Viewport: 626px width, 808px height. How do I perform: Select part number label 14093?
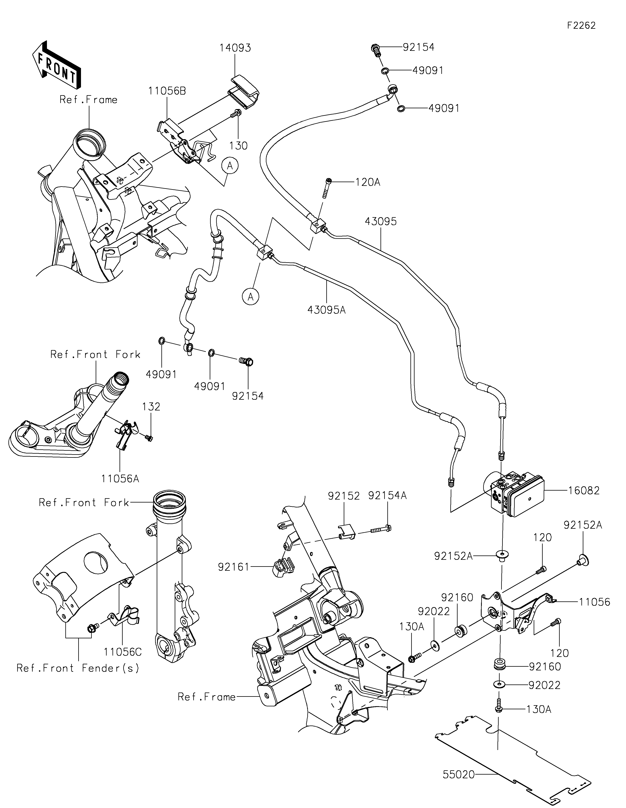235,48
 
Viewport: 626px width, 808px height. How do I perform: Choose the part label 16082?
584,491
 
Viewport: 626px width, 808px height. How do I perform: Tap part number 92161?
234,567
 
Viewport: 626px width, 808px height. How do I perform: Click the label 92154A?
387,496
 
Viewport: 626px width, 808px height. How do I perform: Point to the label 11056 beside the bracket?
595,602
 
